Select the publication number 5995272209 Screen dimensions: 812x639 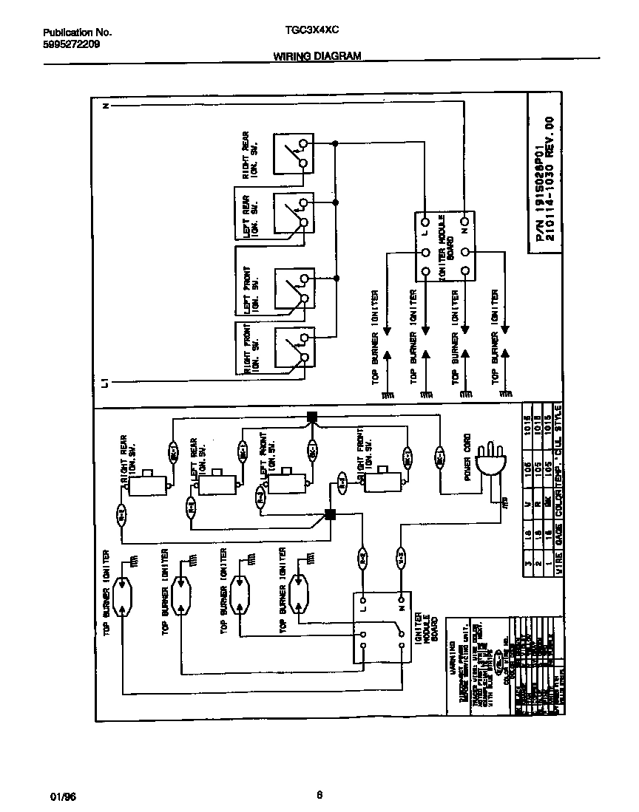tap(72, 44)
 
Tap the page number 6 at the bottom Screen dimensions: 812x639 tap(319, 795)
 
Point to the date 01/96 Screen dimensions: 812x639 tap(63, 797)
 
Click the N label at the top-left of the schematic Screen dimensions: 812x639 tap(106, 106)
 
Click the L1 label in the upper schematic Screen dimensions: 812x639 tap(106, 382)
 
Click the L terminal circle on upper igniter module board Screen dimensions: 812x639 tap(426, 221)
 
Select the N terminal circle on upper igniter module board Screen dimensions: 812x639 tap(464, 221)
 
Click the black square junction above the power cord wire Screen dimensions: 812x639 tap(312, 417)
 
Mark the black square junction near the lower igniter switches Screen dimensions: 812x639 tap(331, 515)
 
